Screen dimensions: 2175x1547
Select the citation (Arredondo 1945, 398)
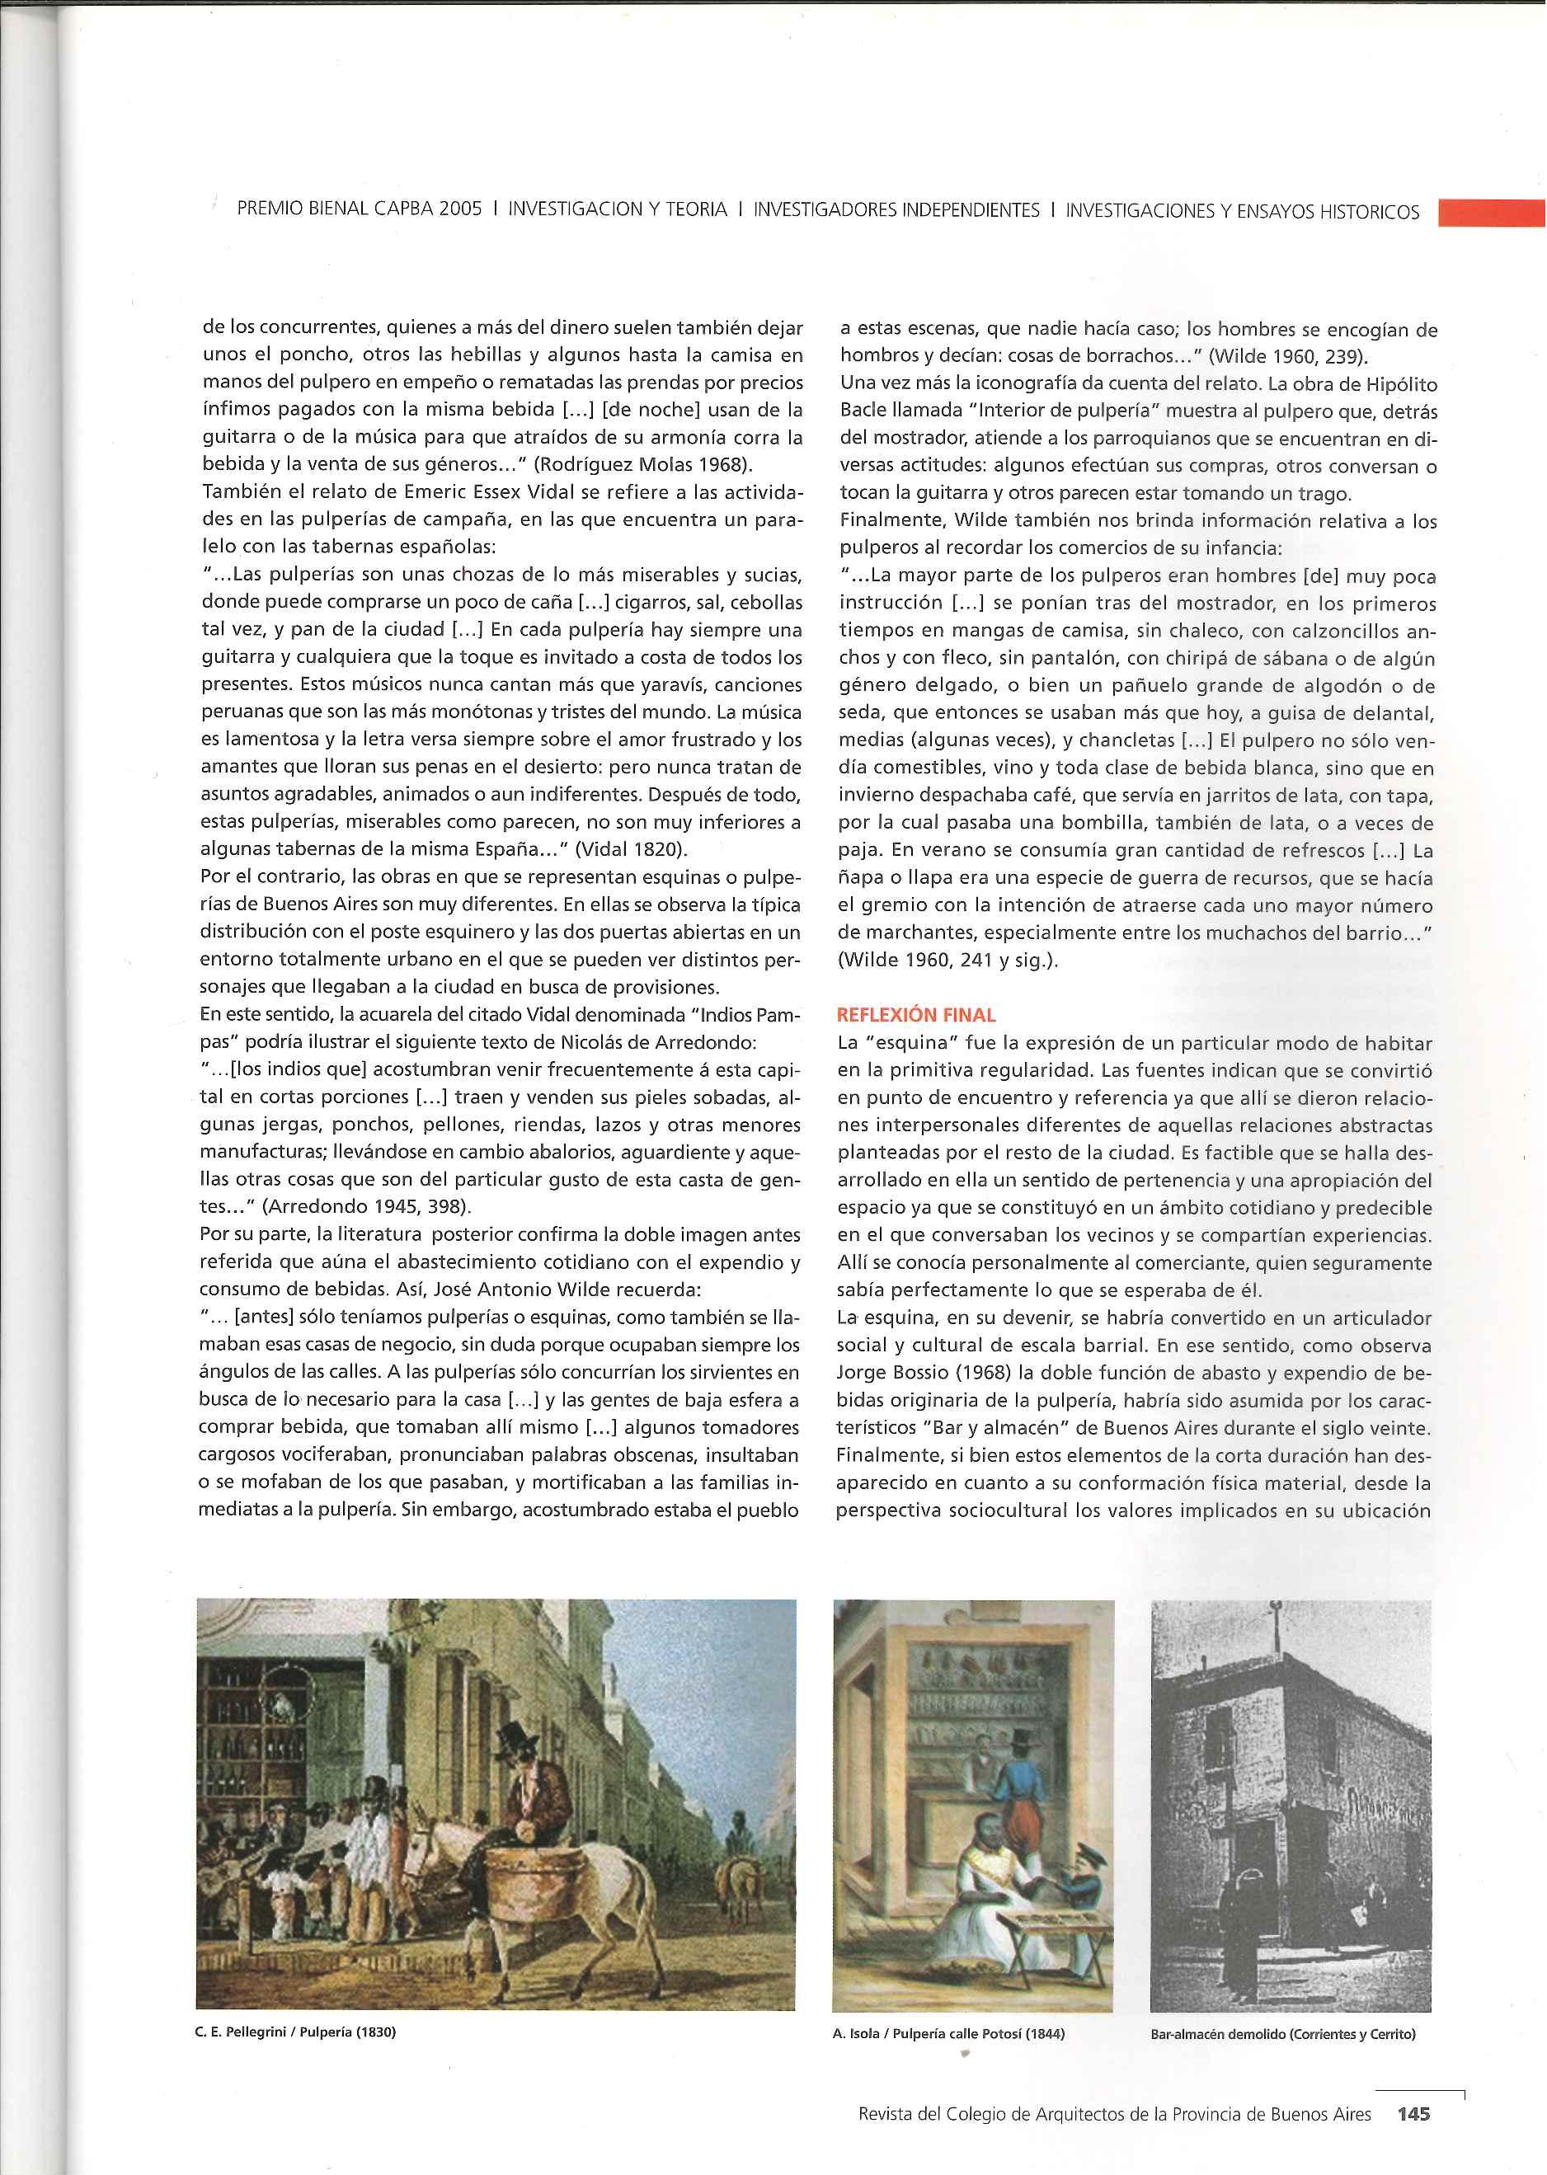point(367,1206)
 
